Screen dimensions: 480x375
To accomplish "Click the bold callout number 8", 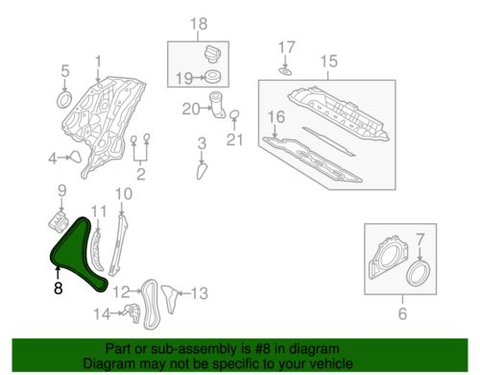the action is (58, 287).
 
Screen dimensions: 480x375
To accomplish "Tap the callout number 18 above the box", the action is (199, 24).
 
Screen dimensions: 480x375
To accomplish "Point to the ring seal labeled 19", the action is (212, 77).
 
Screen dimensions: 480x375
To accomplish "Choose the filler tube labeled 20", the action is (217, 105).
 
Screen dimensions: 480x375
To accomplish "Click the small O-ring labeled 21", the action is (234, 114).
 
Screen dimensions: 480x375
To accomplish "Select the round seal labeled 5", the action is (64, 100).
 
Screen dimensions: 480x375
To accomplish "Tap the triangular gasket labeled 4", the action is (76, 158).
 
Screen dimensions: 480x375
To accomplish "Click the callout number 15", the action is (328, 61).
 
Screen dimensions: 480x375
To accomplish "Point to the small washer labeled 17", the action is (285, 71).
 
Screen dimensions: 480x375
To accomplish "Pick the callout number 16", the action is (276, 116).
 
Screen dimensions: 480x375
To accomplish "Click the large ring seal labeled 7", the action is (419, 273).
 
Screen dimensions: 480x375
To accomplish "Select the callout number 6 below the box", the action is (402, 312).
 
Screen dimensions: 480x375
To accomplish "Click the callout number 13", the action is (199, 293).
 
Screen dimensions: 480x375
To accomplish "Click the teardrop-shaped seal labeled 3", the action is (202, 171).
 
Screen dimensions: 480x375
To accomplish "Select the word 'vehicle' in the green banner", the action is (332, 363).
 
